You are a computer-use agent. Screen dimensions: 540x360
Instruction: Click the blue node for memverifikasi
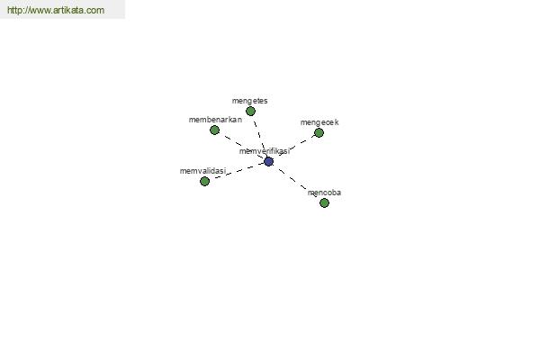pos(268,161)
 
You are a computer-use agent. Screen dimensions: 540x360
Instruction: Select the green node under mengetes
pos(251,111)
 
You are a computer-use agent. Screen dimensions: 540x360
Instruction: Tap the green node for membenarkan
pos(214,130)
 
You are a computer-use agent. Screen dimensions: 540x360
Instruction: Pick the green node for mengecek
pos(319,132)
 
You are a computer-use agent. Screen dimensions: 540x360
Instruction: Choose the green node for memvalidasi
pos(204,181)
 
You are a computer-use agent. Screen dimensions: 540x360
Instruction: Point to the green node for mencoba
pos(324,202)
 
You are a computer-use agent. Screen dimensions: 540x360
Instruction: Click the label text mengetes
pos(249,101)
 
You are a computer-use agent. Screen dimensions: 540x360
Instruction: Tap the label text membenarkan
pos(215,120)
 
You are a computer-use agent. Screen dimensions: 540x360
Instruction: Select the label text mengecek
pos(319,122)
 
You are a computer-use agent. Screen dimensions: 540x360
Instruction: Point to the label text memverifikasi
pos(265,151)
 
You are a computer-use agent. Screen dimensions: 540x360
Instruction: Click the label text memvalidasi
pos(202,171)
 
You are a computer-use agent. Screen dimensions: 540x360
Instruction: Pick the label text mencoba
pos(324,193)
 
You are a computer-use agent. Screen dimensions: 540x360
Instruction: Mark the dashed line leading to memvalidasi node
pos(237,171)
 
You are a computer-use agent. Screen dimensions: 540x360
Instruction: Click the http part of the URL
pos(14,10)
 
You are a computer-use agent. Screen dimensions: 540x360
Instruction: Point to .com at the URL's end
pos(94,11)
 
